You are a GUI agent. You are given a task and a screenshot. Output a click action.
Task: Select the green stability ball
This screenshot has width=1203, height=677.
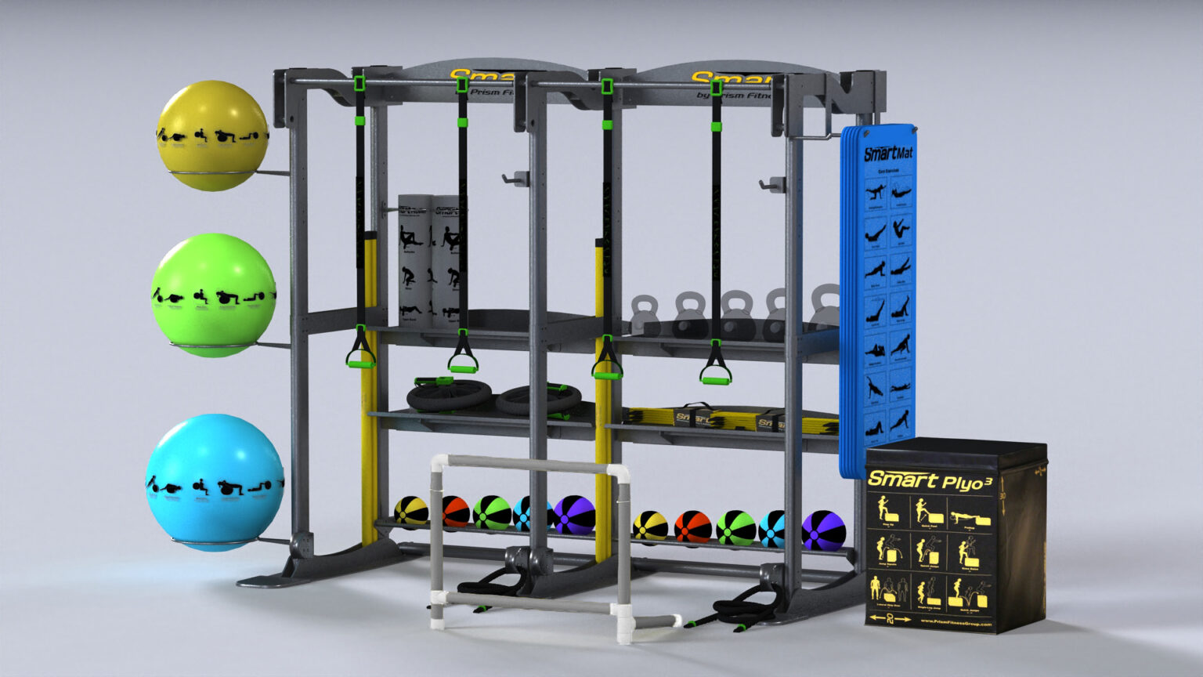[213, 294]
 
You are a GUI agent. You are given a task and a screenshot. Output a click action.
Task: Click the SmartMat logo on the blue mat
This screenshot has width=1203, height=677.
[887, 151]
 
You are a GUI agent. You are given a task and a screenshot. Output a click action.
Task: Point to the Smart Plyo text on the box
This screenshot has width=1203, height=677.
[928, 480]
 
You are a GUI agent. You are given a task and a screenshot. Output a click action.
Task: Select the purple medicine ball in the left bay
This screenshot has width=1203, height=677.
[574, 515]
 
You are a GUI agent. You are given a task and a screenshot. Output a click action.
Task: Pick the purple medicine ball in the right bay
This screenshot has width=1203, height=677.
[823, 530]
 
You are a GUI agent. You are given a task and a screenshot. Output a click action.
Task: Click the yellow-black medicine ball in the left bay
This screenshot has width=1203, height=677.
[410, 511]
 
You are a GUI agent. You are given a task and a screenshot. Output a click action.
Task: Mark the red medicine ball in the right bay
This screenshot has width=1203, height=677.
[692, 527]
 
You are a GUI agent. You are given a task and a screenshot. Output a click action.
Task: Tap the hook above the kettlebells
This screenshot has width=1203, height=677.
[771, 186]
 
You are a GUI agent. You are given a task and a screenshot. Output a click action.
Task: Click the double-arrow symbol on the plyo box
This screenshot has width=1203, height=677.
[891, 619]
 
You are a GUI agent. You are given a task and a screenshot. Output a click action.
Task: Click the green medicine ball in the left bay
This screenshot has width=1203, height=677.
[491, 512]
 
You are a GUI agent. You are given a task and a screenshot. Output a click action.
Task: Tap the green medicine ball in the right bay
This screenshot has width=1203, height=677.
[735, 528]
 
